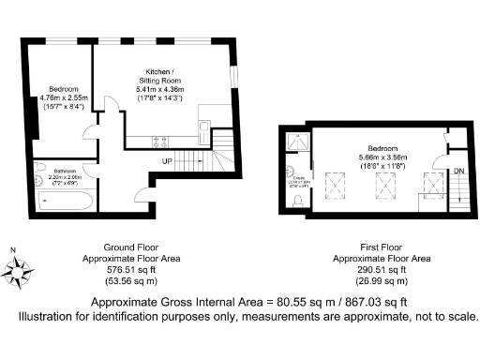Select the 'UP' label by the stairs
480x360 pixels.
tap(167, 162)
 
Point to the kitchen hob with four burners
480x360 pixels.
tap(159, 142)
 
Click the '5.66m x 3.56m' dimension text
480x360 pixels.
tap(383, 157)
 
